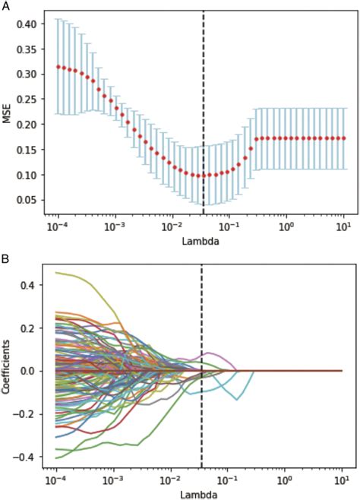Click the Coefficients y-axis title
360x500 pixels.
(6, 370)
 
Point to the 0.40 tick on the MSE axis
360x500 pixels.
(29, 24)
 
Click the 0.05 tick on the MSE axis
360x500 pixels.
(29, 199)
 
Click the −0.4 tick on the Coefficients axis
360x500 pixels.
(30, 456)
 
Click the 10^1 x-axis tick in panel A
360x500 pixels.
(343, 226)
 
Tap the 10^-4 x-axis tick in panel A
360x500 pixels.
(57, 226)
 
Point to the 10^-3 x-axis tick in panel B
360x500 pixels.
(114, 481)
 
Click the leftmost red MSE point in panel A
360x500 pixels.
(58, 66)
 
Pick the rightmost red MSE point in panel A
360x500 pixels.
(343, 138)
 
